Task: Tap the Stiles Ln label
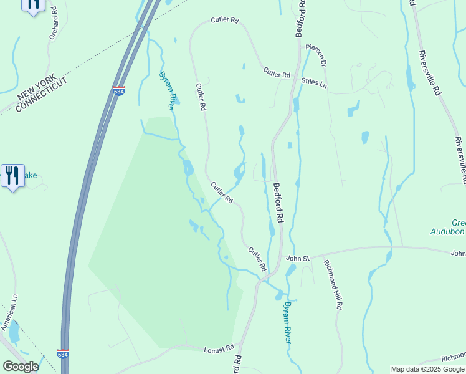313,82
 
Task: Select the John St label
298,257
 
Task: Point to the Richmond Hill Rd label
333,284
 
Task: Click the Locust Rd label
219,349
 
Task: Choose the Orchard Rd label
53,24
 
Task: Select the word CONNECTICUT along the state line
41,95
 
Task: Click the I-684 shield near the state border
118,91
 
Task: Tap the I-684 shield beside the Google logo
62,354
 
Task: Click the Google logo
21,367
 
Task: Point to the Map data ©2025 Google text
427,369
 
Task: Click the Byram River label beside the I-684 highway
168,91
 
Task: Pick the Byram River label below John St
287,322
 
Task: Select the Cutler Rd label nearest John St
257,259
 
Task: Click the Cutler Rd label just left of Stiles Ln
277,73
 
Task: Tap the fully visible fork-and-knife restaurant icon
12,176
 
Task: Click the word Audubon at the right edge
449,232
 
